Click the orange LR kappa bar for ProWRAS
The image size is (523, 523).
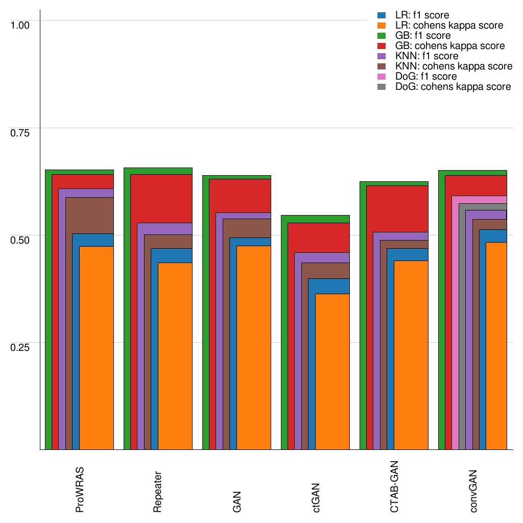[x=97, y=347]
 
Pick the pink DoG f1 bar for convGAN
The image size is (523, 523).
[x=455, y=327]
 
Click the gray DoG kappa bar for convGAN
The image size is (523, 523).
[x=462, y=327]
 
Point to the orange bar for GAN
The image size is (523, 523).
[x=254, y=347]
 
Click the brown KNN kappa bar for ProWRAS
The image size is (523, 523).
[x=69, y=327]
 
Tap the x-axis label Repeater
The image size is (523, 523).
[x=158, y=491]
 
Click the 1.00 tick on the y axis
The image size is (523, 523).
[x=21, y=25]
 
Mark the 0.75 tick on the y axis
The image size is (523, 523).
[x=21, y=132]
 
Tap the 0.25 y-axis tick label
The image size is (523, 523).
[x=21, y=347]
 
